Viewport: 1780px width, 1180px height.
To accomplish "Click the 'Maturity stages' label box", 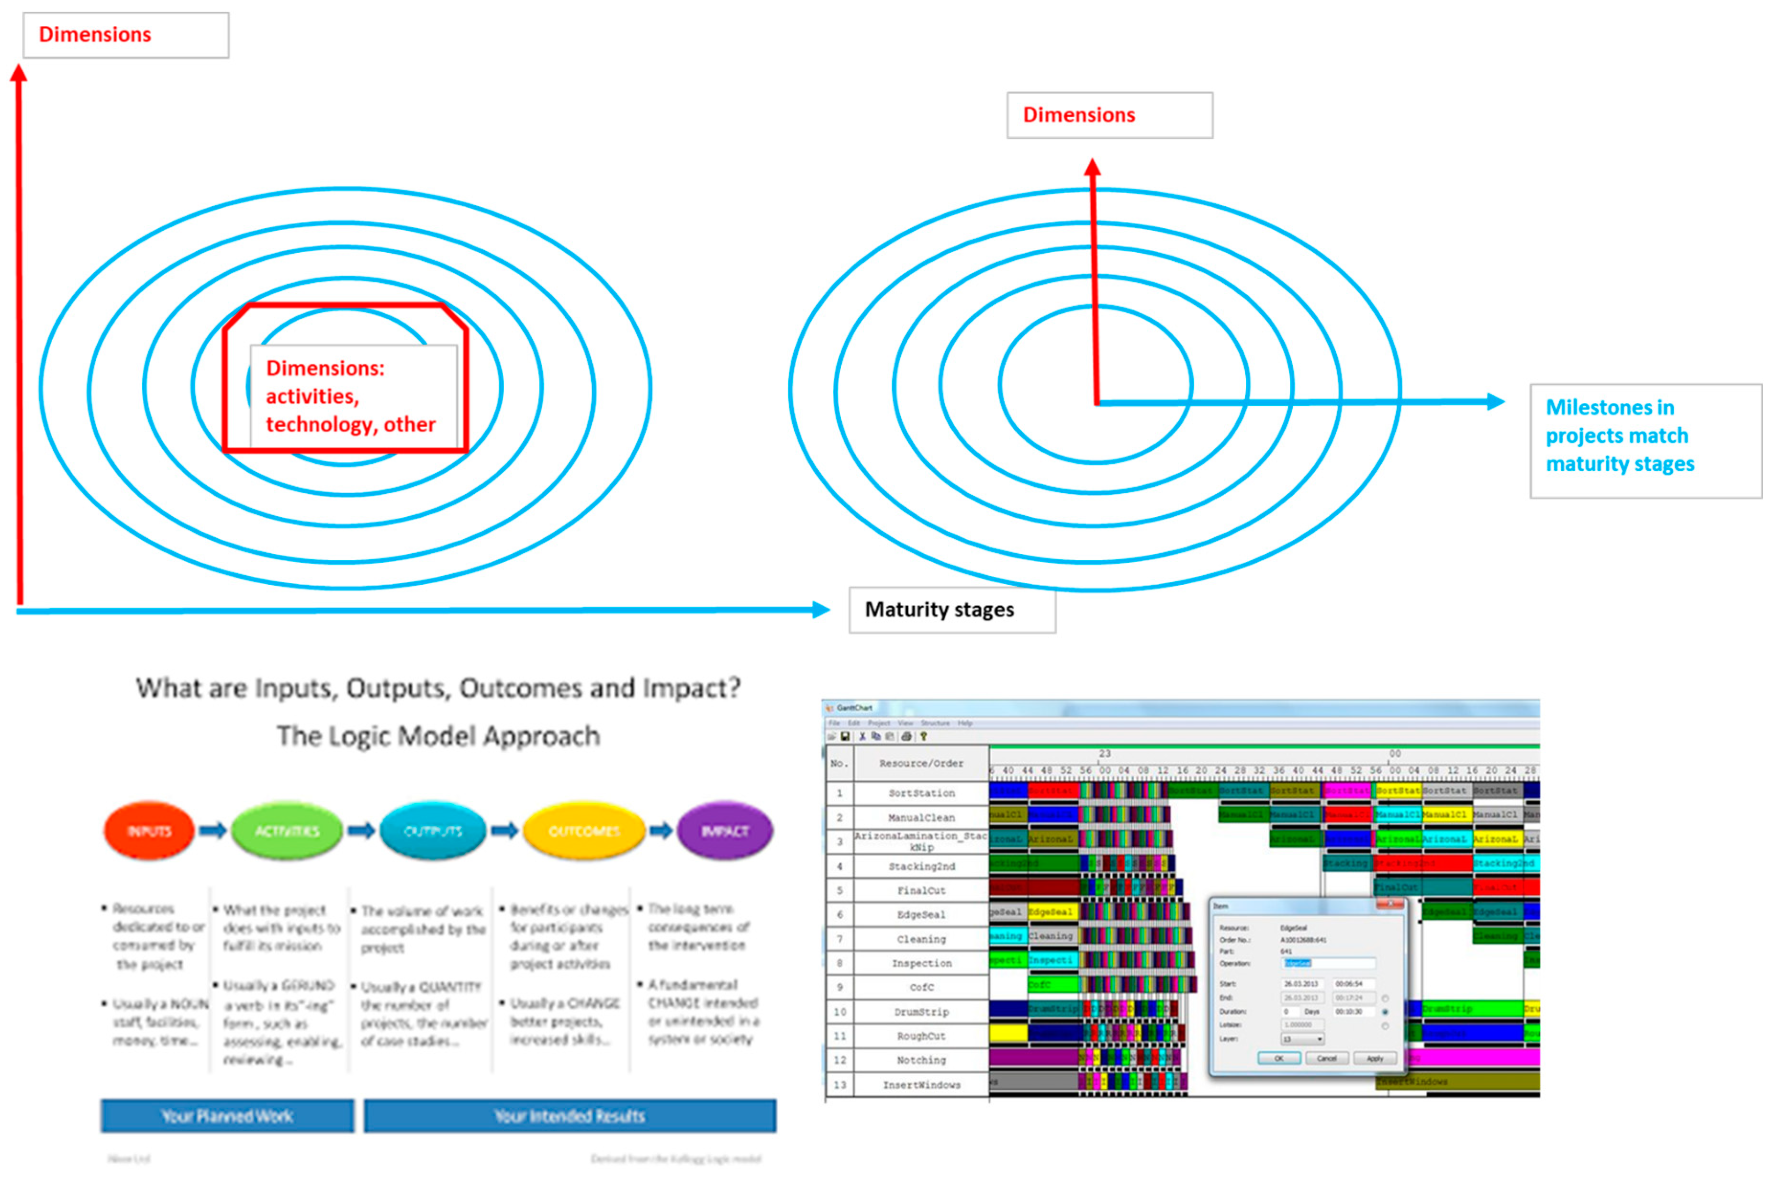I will point(952,610).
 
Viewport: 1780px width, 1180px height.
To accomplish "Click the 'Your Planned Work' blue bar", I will point(227,1116).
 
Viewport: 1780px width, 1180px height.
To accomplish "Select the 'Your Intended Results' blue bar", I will point(570,1116).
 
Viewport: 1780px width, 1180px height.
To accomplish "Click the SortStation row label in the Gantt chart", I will point(921,793).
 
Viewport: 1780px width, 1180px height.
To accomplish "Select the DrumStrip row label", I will point(921,1012).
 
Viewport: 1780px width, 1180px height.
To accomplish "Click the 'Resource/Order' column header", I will point(921,763).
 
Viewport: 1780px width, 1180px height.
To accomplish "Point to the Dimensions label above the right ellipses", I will point(1109,115).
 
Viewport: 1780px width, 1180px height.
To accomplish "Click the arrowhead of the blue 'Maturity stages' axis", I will point(821,610).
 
